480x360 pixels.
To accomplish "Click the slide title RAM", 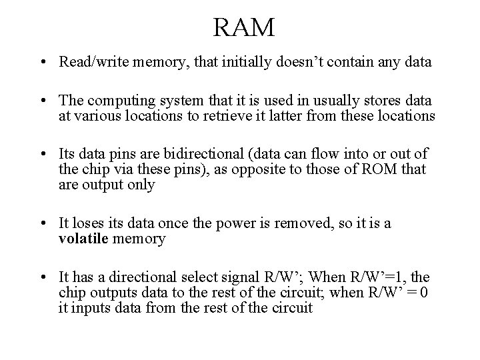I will click(x=244, y=27).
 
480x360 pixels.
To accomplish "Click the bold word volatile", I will click(x=82, y=238).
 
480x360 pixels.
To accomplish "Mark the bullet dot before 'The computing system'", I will click(x=42, y=101).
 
